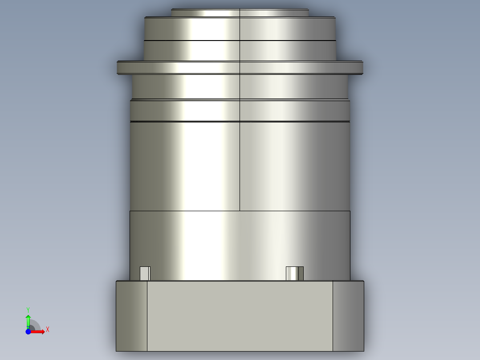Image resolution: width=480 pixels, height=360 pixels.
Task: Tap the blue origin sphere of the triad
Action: pyautogui.click(x=28, y=331)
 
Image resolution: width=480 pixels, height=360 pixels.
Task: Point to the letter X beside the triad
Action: pyautogui.click(x=47, y=330)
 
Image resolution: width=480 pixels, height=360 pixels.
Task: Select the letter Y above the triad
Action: pyautogui.click(x=28, y=310)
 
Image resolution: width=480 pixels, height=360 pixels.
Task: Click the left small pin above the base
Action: pyautogui.click(x=145, y=274)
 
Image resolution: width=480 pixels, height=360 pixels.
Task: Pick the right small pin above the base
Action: pyautogui.click(x=294, y=274)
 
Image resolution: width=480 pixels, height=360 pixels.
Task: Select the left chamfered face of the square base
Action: pyautogui.click(x=131, y=316)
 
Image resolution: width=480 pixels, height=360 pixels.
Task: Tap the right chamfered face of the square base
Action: pyautogui.click(x=348, y=316)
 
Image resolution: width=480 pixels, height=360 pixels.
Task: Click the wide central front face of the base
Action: pyautogui.click(x=240, y=316)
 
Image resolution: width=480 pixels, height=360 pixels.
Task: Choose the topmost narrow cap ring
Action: pyautogui.click(x=240, y=13)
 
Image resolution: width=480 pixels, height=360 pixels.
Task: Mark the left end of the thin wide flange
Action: pyautogui.click(x=122, y=67)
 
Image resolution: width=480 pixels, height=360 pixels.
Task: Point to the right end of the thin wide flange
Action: pyautogui.click(x=358, y=67)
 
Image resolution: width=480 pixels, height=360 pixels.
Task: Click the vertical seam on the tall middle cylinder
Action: pyautogui.click(x=240, y=169)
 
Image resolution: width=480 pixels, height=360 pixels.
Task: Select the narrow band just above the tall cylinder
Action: pyautogui.click(x=240, y=110)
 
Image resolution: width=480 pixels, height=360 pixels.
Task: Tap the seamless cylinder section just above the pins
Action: pyautogui.click(x=240, y=241)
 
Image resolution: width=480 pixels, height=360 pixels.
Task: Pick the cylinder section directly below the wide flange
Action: pyautogui.click(x=240, y=86)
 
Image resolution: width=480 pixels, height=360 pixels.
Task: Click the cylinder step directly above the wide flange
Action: pyautogui.click(x=240, y=51)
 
